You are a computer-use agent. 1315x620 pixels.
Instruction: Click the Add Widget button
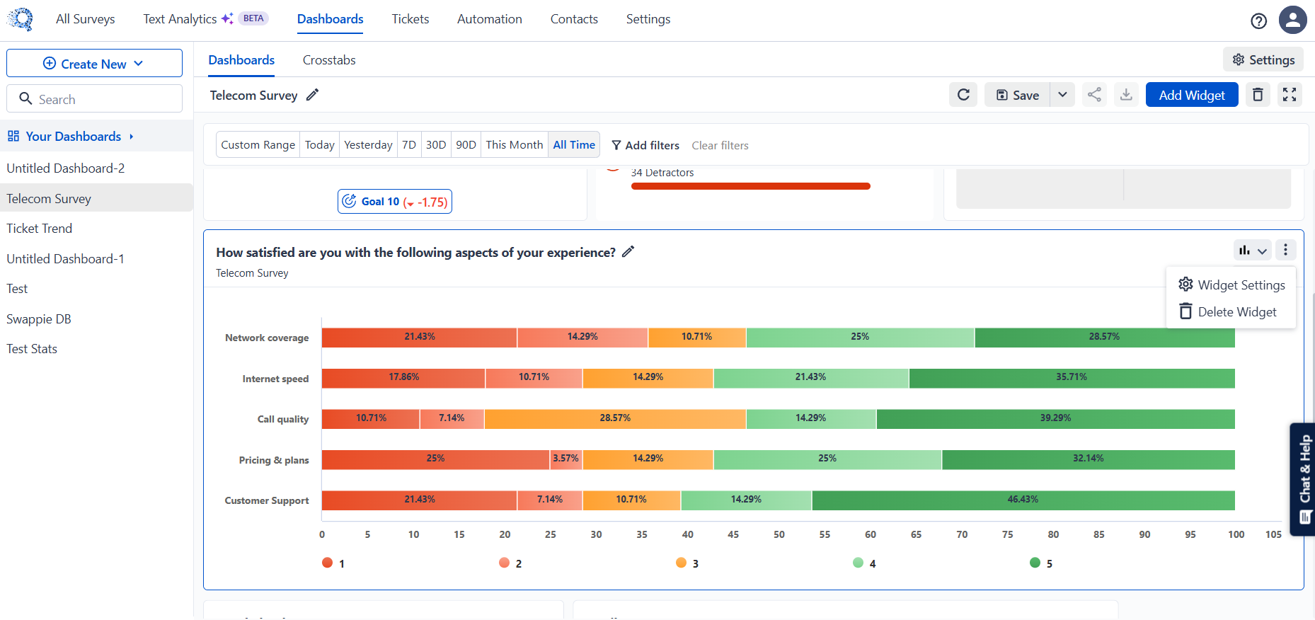click(1192, 95)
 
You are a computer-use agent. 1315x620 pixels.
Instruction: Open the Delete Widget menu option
click(1228, 311)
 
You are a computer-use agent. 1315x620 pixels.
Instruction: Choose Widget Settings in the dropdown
click(1231, 285)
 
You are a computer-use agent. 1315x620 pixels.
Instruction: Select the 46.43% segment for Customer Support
click(1023, 500)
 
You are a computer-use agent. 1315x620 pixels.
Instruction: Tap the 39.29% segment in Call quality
click(1056, 419)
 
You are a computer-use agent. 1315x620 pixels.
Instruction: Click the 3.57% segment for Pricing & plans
click(566, 459)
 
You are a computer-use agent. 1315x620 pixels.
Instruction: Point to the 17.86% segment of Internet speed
click(403, 378)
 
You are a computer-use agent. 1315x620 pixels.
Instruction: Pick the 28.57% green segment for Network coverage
click(1105, 338)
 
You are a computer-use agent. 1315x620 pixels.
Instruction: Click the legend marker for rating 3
click(681, 563)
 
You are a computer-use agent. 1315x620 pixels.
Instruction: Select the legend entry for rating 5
click(1041, 563)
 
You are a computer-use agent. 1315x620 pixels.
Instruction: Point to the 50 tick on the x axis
click(779, 534)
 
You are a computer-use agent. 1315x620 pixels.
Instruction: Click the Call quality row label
click(283, 419)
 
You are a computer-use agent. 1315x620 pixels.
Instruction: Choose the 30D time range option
click(436, 145)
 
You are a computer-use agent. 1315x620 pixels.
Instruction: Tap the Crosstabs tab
click(329, 60)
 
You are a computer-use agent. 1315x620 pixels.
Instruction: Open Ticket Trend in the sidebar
click(40, 229)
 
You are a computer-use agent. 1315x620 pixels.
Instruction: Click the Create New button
click(94, 63)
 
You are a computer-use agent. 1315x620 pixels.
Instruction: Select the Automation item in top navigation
click(490, 19)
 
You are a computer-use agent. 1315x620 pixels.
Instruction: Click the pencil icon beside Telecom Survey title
click(312, 95)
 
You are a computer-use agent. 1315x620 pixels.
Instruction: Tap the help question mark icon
click(1258, 21)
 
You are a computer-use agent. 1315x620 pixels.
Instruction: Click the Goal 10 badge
click(395, 202)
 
